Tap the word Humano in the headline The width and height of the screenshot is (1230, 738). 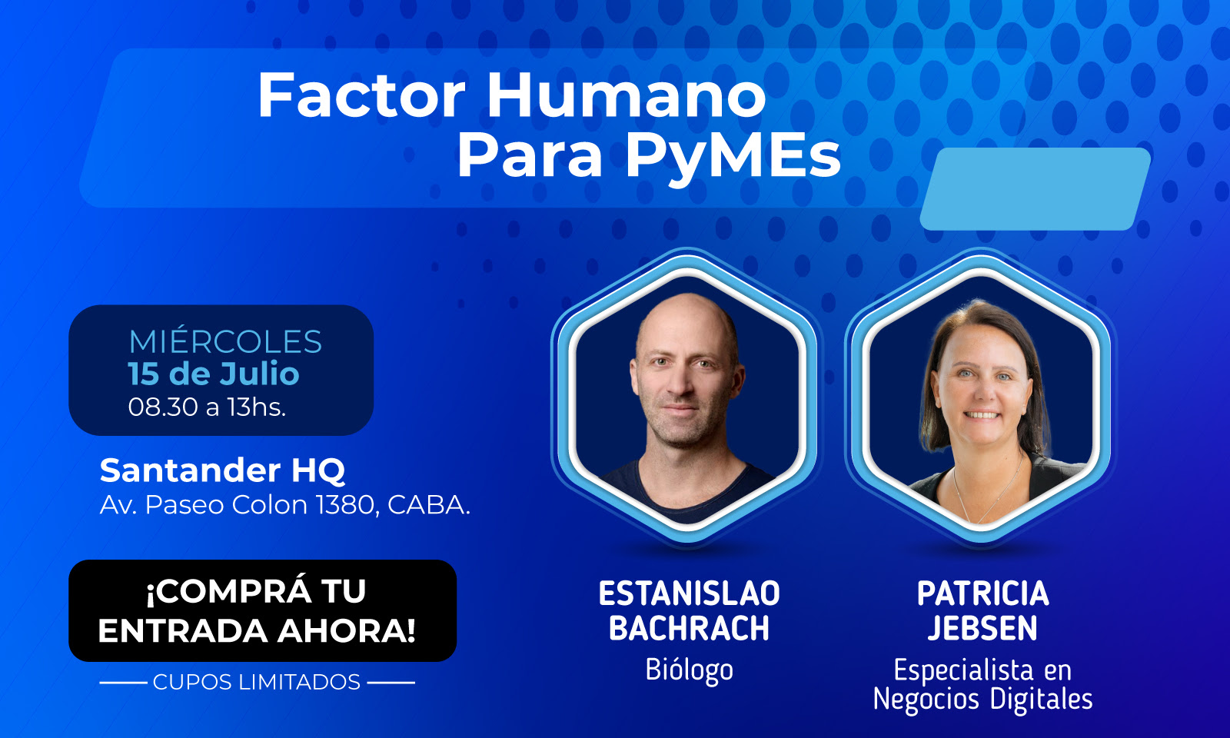pos(626,95)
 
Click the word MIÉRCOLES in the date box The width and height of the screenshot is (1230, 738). pos(225,341)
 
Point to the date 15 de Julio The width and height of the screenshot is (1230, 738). pos(214,374)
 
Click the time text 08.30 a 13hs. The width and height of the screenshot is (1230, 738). pos(207,407)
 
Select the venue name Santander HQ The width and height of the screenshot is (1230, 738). pos(222,470)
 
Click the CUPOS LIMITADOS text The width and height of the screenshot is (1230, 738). pos(257,682)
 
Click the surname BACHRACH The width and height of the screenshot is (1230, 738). pos(689,628)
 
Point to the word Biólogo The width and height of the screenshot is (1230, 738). pos(689,670)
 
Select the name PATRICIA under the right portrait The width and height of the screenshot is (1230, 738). pos(983,593)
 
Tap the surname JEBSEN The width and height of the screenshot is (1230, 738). pos(983,628)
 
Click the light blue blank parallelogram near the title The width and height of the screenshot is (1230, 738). pos(1035,189)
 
